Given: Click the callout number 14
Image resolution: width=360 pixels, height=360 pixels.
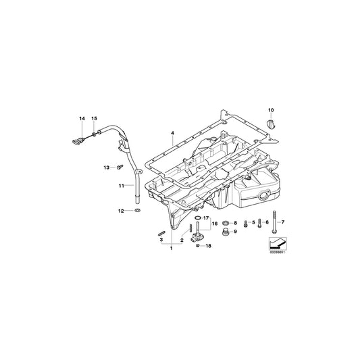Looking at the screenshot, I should pyautogui.click(x=82, y=119).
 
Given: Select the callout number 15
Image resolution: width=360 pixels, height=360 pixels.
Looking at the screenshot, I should pyautogui.click(x=95, y=119).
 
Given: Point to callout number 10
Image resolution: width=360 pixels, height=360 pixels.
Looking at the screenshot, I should pyautogui.click(x=272, y=109).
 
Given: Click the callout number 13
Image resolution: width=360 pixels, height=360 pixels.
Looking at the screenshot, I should pyautogui.click(x=106, y=166).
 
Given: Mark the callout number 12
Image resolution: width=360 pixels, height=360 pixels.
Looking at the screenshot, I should pyautogui.click(x=121, y=211).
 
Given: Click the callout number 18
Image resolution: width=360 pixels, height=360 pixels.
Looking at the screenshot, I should pyautogui.click(x=208, y=246).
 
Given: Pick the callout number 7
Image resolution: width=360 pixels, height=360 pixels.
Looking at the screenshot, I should pyautogui.click(x=283, y=222).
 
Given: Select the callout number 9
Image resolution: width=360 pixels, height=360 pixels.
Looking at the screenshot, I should pyautogui.click(x=235, y=232).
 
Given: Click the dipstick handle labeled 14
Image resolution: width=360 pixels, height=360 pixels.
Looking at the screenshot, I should pyautogui.click(x=76, y=140).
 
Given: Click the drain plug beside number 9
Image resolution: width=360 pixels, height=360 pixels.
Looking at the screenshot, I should pyautogui.click(x=224, y=233).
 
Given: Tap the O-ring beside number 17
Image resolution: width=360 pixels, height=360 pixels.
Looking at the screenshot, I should pyautogui.click(x=197, y=219).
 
